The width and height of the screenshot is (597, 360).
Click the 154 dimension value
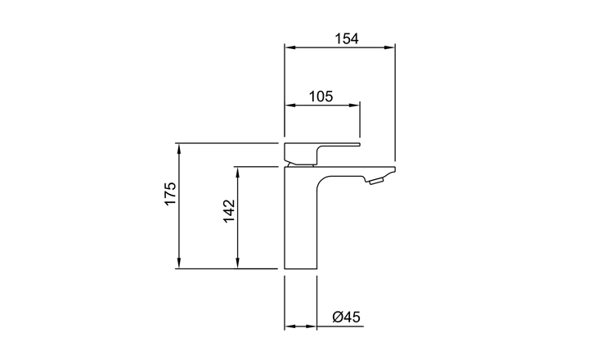(347, 38)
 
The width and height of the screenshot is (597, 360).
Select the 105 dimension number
(321, 97)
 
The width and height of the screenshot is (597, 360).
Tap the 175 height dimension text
(171, 194)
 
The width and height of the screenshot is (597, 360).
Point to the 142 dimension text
(229, 211)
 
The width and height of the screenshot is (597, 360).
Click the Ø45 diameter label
(346, 317)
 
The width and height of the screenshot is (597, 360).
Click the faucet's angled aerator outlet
(376, 181)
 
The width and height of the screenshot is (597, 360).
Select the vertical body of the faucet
(301, 218)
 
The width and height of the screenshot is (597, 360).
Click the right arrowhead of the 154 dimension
(389, 47)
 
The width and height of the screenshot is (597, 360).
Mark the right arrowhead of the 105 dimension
(354, 105)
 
